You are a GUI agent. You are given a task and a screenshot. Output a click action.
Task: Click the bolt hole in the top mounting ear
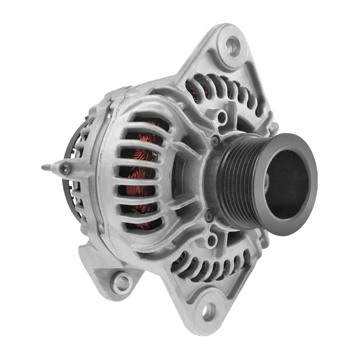point(233,45)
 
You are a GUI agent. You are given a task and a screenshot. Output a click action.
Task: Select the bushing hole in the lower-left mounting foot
point(121,282)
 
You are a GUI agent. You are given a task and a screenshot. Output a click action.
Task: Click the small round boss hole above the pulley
point(221,118)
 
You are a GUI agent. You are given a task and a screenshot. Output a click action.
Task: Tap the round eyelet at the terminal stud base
point(64,169)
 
